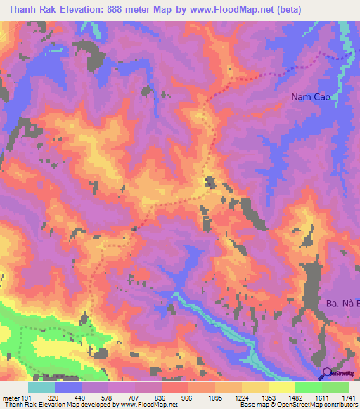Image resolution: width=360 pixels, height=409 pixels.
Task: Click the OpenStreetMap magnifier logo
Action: point(326,374)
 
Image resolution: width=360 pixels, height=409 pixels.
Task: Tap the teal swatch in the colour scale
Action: point(41,387)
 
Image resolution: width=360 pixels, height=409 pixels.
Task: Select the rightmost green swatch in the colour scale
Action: point(335,387)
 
